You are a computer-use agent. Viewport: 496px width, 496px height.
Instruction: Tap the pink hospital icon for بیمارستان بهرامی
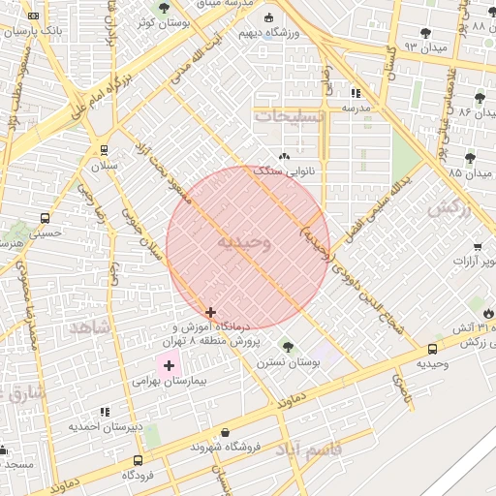tap(170, 365)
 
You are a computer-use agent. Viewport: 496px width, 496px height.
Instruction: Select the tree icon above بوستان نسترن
tap(287, 346)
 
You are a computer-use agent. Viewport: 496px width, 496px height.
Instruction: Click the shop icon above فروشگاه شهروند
tap(226, 432)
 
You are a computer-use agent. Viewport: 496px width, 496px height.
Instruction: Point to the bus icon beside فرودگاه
tap(138, 461)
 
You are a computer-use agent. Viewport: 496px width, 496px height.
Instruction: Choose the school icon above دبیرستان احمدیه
tap(104, 412)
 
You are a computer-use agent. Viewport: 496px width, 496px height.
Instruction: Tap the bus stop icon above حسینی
tap(45, 219)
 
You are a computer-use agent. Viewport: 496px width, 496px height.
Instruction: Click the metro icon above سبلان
tap(104, 150)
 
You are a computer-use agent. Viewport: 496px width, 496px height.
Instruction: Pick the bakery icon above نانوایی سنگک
tap(284, 156)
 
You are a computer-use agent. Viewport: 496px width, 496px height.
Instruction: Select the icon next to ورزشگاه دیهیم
tap(268, 17)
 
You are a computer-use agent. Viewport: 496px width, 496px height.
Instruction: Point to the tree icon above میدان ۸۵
tap(470, 158)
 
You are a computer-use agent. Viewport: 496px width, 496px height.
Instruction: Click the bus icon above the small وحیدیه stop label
tap(432, 349)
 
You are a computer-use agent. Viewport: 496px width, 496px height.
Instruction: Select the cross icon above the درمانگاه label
tap(211, 312)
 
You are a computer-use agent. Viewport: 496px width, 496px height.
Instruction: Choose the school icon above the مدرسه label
tap(356, 93)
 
